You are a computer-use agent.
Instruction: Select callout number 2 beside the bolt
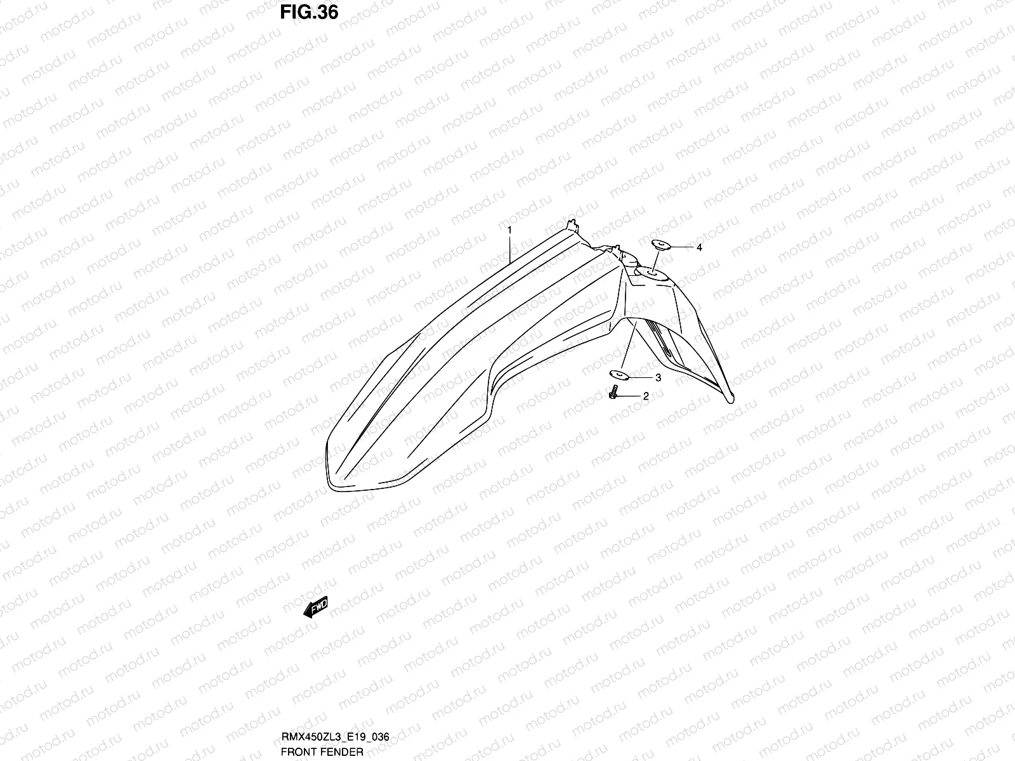coord(646,397)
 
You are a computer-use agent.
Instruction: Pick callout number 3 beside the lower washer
coord(658,378)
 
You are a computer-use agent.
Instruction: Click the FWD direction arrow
coord(315,608)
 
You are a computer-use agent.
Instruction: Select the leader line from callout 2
coord(631,396)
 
